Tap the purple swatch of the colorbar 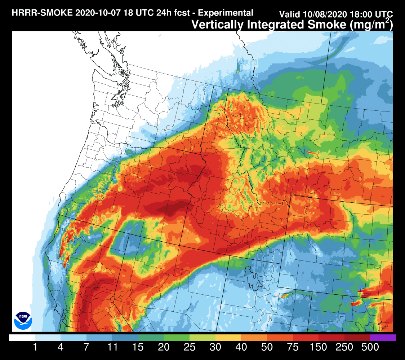[x=383, y=338]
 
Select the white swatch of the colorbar [x=22, y=338]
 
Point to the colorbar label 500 [x=370, y=348]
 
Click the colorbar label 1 [x=35, y=348]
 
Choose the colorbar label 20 [x=164, y=348]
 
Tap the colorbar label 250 [x=344, y=348]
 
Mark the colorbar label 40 [x=241, y=348]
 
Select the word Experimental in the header [x=226, y=13]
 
